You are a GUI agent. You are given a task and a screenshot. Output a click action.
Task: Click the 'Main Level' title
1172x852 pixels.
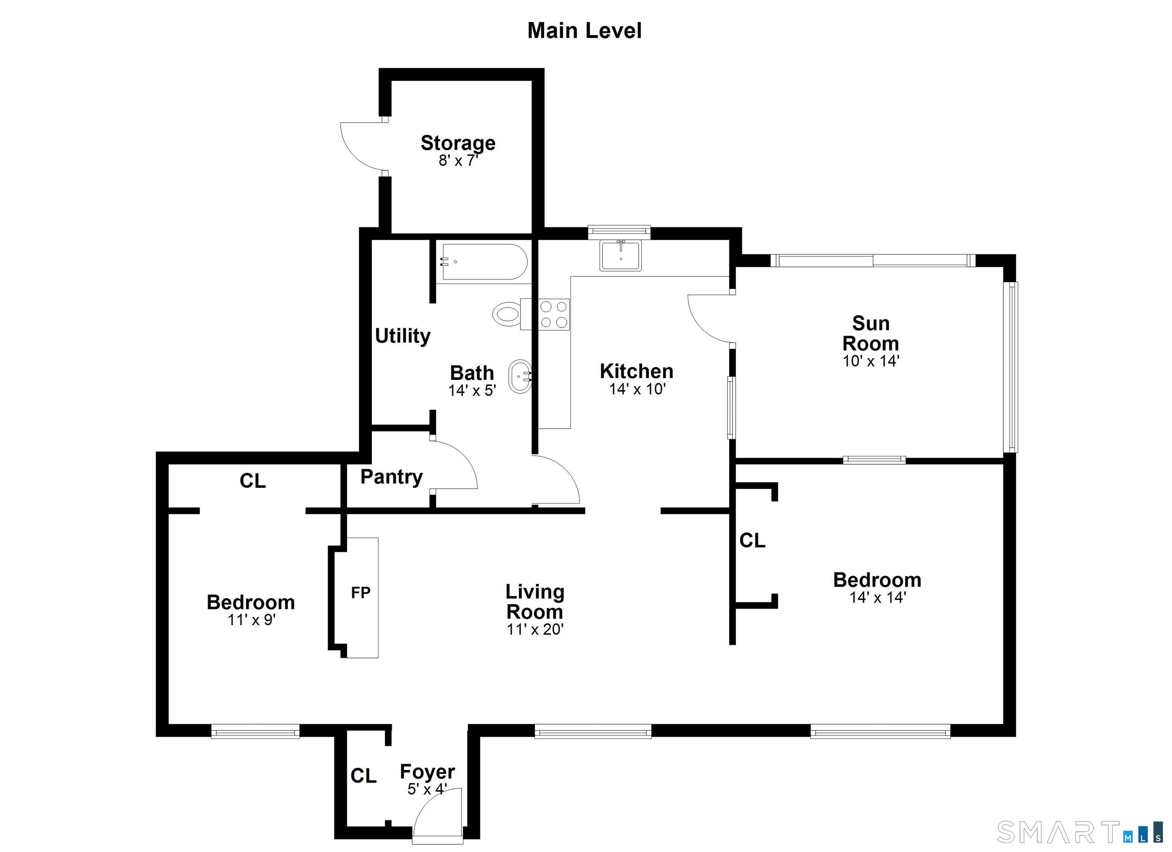584,31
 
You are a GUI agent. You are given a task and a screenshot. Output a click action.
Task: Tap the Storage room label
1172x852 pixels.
458,143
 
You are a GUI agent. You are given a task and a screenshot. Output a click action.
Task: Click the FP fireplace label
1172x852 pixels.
361,593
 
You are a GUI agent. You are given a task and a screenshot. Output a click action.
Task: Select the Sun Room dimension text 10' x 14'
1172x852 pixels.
871,361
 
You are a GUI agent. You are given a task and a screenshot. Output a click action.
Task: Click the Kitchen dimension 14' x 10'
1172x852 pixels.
637,389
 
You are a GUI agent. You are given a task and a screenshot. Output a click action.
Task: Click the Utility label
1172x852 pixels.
402,336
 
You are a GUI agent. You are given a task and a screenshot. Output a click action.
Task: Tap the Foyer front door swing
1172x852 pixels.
437,815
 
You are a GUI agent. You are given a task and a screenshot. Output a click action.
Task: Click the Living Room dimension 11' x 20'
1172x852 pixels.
535,629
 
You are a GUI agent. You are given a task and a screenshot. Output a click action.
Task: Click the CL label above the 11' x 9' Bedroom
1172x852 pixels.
253,481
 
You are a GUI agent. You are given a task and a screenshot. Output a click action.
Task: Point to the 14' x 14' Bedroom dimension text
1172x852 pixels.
877,597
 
